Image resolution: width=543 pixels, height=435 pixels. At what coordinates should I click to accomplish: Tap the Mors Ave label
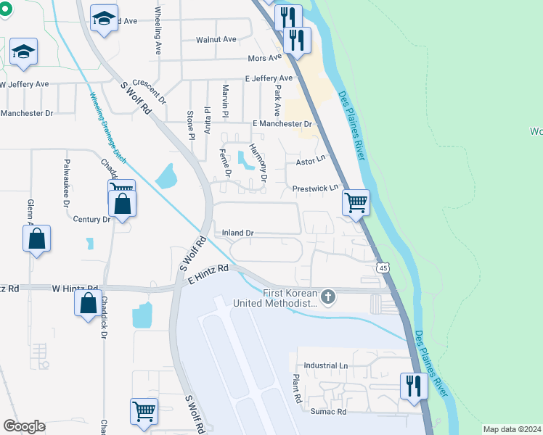[x=264, y=58]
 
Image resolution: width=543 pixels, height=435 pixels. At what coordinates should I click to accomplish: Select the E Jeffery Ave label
[x=269, y=78]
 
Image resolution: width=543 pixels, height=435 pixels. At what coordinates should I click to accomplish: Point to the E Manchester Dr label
[x=282, y=124]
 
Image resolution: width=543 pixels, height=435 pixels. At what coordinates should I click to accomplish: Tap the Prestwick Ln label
[x=316, y=188]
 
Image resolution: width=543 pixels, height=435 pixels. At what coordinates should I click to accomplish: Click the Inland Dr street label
[x=237, y=233]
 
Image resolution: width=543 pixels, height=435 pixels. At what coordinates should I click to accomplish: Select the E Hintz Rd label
[x=208, y=275]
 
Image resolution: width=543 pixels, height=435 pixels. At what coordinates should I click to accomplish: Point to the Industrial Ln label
[x=327, y=365]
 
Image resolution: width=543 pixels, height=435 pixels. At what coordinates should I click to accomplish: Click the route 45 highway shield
[x=383, y=268]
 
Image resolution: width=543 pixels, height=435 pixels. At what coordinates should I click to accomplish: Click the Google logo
[x=24, y=426]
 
